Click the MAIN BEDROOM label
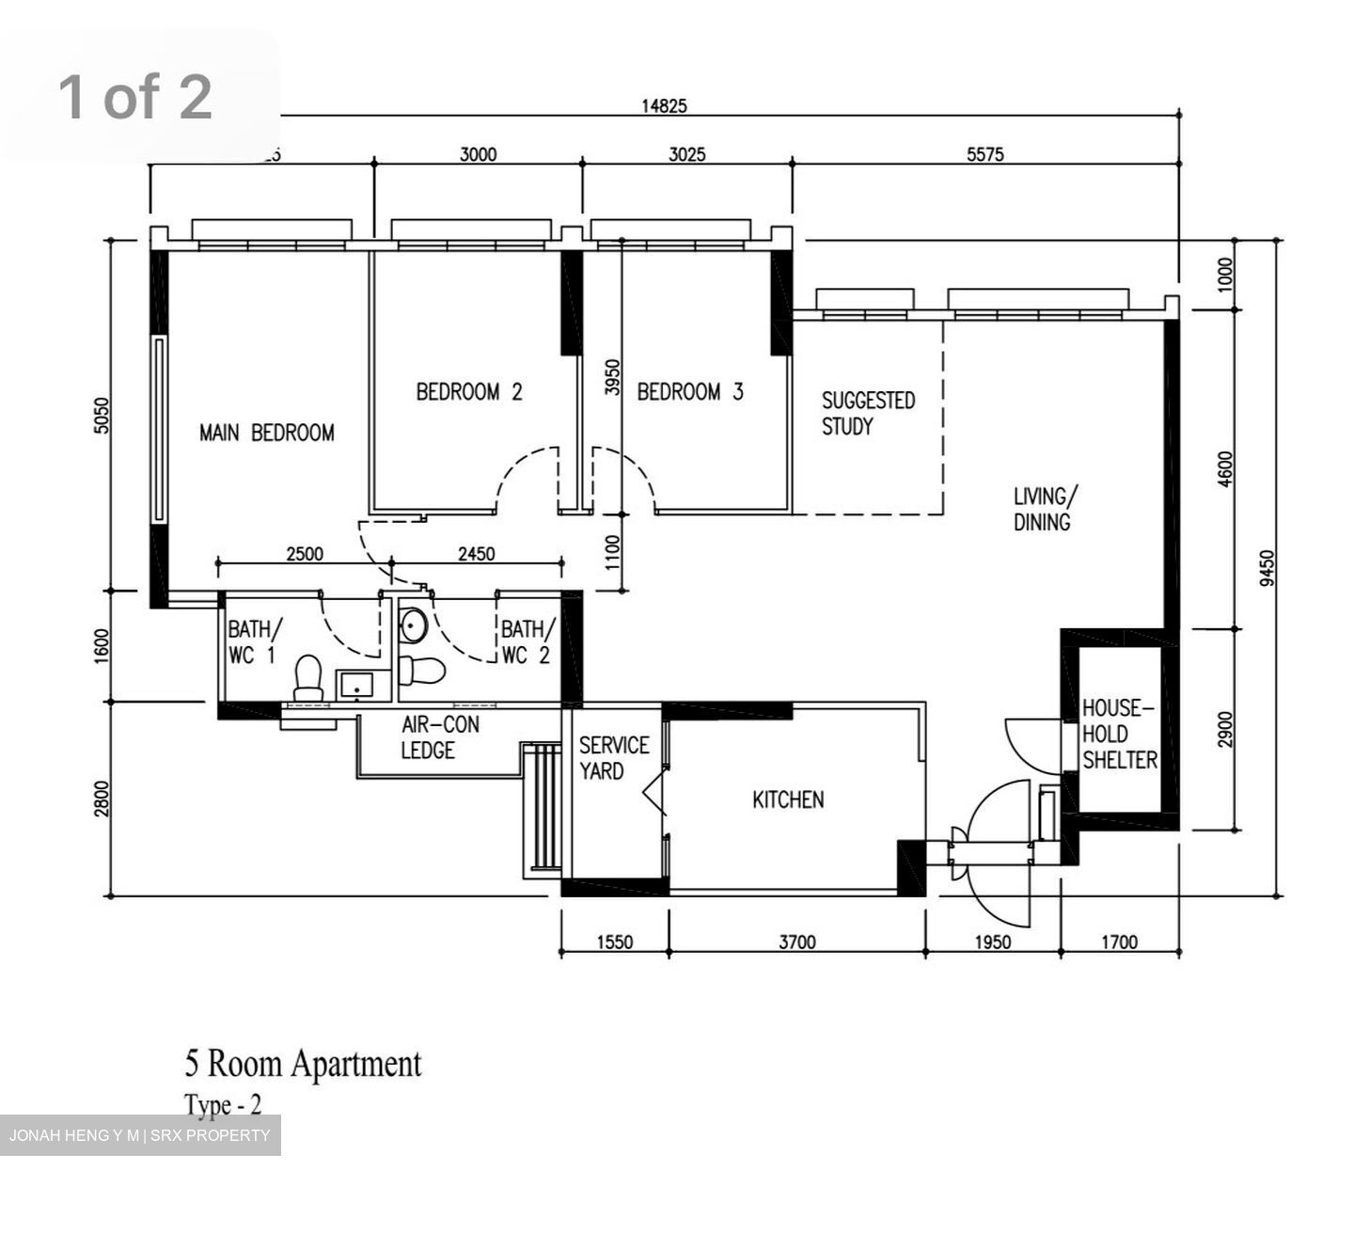[267, 433]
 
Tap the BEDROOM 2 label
[468, 391]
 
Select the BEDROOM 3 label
[689, 391]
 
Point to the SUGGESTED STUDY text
[867, 413]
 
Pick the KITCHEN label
[788, 799]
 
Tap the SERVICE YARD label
[613, 758]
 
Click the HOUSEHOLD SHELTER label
[1119, 734]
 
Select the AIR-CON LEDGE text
[439, 737]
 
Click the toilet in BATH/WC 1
[308, 678]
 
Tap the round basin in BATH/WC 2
[413, 625]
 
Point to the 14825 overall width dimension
[664, 105]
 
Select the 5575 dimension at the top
[984, 155]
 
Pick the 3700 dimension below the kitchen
[796, 941]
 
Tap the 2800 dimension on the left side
[102, 799]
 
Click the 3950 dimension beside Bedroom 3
[612, 376]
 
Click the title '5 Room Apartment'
[303, 1064]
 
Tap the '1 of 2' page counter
[135, 96]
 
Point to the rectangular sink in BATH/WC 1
[356, 687]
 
